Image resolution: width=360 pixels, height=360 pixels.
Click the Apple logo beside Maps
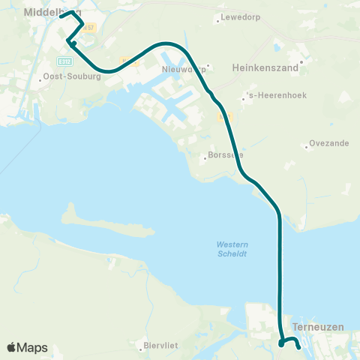(x=11, y=347)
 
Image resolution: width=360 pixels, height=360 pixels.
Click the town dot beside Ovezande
(x=307, y=146)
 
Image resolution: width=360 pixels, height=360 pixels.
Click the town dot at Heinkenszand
(x=301, y=61)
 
